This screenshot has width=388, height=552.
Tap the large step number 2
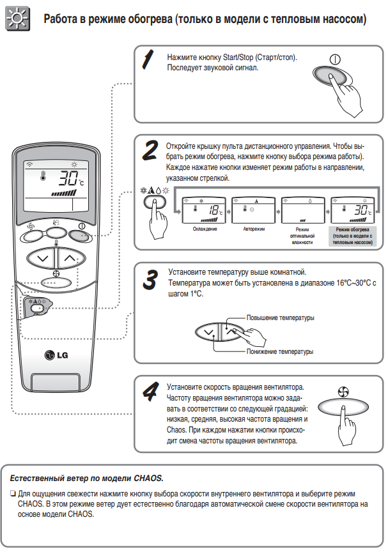pyautogui.click(x=150, y=150)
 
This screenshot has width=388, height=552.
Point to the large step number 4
pyautogui.click(x=150, y=389)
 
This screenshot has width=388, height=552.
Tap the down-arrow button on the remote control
pyautogui.click(x=42, y=257)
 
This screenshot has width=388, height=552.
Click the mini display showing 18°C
pyautogui.click(x=205, y=209)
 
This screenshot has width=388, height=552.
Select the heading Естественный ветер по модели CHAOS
pyautogui.click(x=87, y=478)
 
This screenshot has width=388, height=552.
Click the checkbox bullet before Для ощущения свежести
pyautogui.click(x=13, y=494)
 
